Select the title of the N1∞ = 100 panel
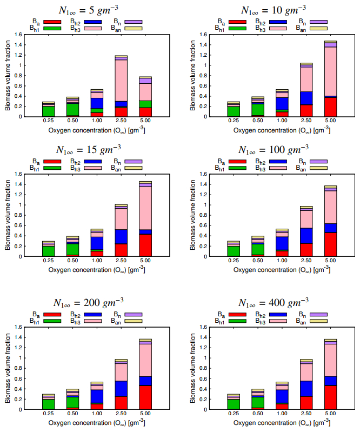click(275, 149)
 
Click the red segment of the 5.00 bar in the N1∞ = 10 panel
click(330, 107)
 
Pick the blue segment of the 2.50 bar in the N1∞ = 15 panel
click(121, 236)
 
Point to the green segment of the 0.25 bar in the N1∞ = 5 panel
click(49, 111)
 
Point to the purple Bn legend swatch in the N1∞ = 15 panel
click(133, 161)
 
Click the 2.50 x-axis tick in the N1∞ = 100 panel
click(306, 261)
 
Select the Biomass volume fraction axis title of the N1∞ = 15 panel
click(8, 215)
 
